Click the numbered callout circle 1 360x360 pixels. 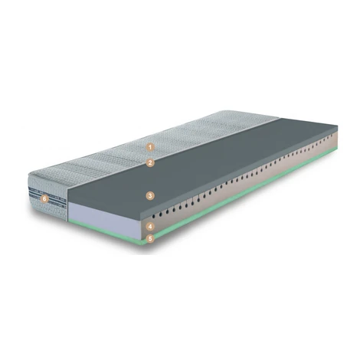pos(150,147)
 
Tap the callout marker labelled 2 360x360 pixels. pos(150,162)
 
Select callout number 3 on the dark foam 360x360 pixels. pos(150,196)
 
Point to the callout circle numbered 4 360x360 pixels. pos(150,226)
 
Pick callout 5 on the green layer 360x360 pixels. pos(150,238)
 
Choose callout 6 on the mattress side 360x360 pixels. pos(44,199)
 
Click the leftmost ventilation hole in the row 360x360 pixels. pos(154,216)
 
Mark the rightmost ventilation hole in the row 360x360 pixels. pos(332,136)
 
